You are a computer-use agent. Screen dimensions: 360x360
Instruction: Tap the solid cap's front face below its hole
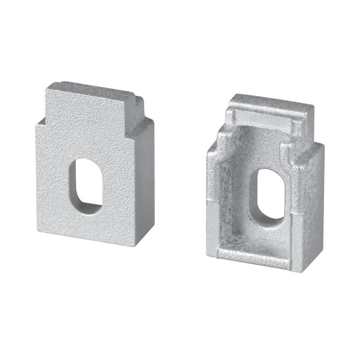tap(90, 225)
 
